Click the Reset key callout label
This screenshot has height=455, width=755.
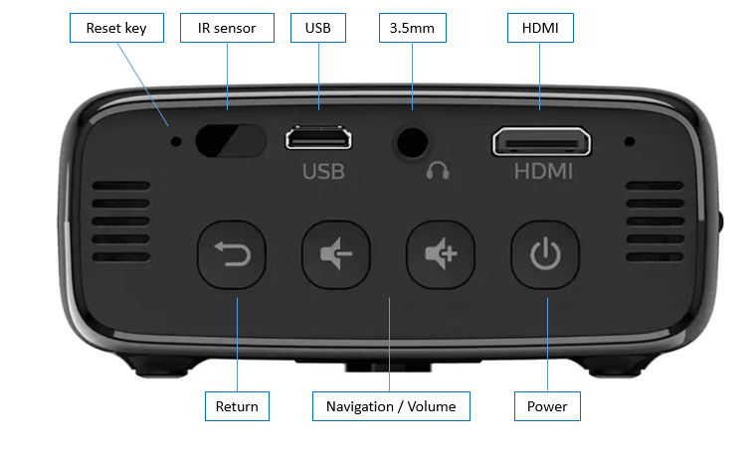click(116, 28)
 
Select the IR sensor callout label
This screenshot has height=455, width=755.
click(228, 28)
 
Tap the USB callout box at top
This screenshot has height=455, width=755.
click(318, 28)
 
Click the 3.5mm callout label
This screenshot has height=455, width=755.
click(412, 28)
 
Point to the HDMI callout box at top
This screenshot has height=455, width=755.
click(540, 28)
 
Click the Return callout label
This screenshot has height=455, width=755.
click(237, 406)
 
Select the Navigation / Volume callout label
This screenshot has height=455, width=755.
click(390, 406)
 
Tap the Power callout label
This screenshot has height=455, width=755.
click(547, 406)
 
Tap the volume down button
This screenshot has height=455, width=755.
click(336, 256)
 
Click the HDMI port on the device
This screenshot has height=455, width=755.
click(541, 141)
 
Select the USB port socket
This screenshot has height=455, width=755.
click(318, 138)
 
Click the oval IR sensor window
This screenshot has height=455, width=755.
click(232, 140)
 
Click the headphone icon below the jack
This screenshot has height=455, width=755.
click(437, 171)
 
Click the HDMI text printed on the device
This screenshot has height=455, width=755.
click(543, 172)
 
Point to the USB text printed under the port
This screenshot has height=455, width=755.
click(323, 172)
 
